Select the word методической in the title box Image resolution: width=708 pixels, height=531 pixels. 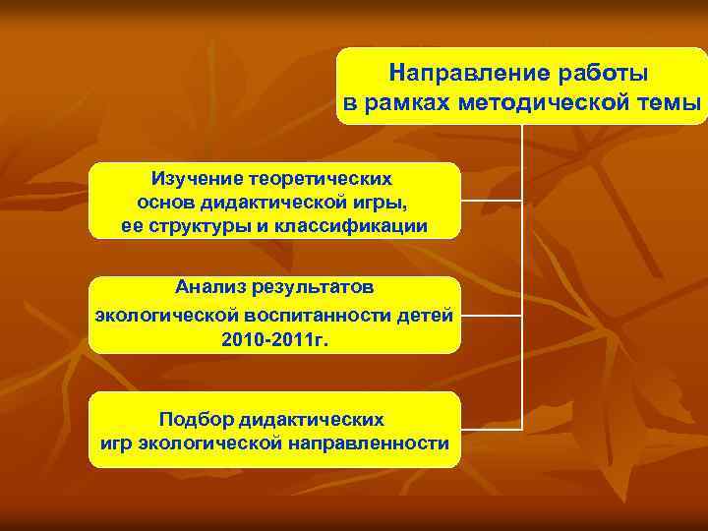[x=545, y=103]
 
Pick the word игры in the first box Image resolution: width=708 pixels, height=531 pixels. [x=379, y=203]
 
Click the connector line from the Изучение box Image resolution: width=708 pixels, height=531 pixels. [x=490, y=202]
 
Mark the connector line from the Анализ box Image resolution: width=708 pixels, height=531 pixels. [x=490, y=316]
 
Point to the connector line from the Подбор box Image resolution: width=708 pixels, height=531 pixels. [x=490, y=430]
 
